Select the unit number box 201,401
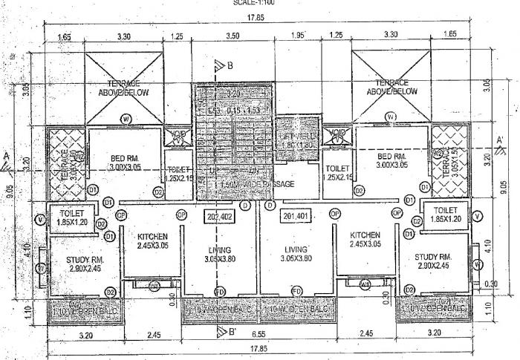(x=296, y=217)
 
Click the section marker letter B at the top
(x=230, y=66)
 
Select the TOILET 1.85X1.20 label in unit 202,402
(x=72, y=217)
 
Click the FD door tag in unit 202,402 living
(x=220, y=289)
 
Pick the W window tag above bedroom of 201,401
(x=391, y=117)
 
